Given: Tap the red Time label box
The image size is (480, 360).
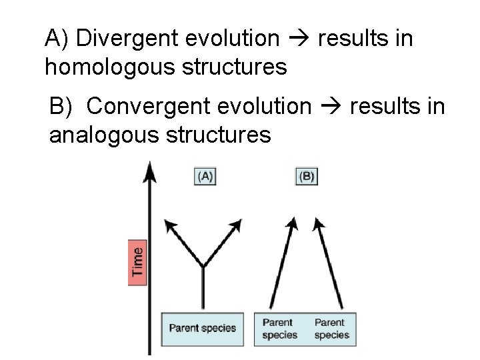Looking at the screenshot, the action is [x=137, y=262].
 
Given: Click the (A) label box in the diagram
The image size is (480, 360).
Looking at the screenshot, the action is [x=204, y=177].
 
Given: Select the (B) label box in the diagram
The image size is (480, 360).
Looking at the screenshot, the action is [x=306, y=177].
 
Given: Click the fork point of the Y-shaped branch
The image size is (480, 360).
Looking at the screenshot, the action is [x=203, y=267].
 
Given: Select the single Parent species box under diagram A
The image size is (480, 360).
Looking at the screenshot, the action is [x=203, y=327].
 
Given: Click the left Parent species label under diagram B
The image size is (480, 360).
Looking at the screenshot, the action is [x=279, y=329].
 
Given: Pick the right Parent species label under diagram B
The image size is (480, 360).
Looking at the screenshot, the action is [x=331, y=329].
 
